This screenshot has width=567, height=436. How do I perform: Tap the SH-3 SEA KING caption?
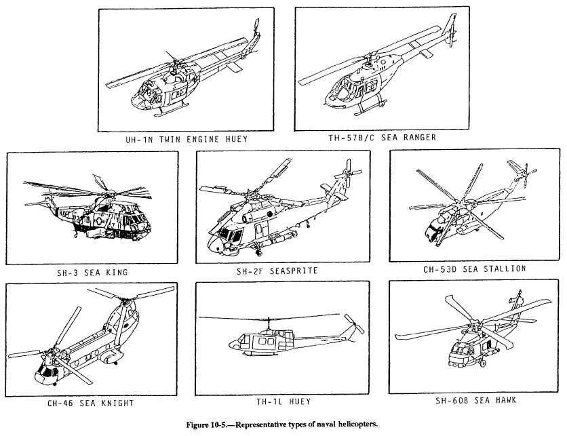click(x=92, y=273)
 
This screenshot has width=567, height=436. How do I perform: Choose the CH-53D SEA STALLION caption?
click(x=474, y=269)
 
